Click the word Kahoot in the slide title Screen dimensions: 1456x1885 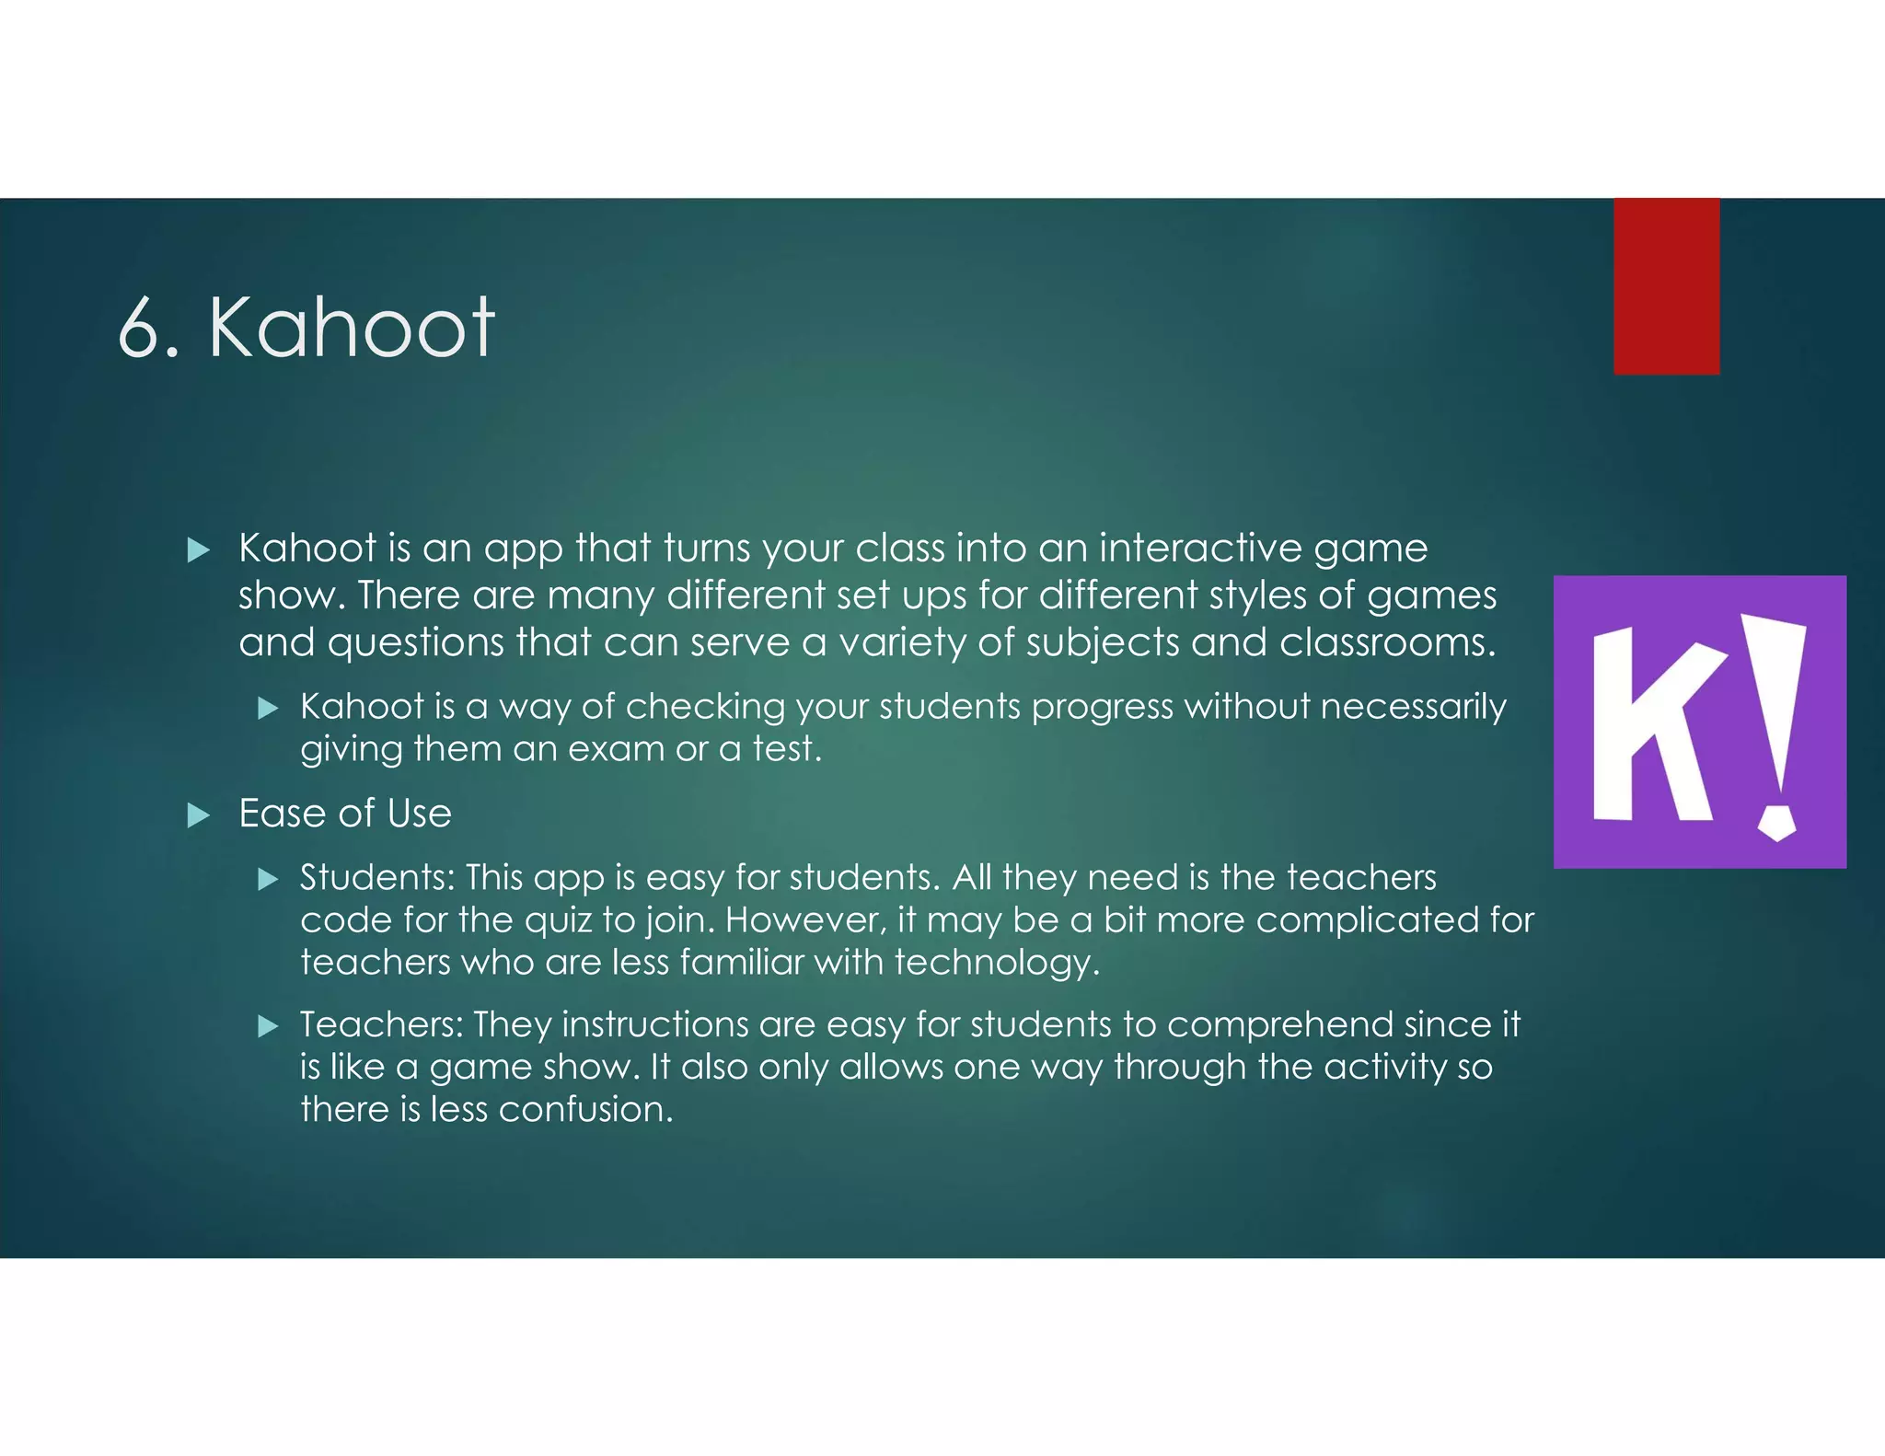tap(353, 328)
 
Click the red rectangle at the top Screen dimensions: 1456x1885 tap(1666, 286)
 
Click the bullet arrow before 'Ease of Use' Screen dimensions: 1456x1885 tap(198, 815)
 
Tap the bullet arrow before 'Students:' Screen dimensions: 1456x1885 tap(268, 880)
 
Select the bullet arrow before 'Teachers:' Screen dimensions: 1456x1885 tap(268, 1026)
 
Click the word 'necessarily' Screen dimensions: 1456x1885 tap(1414, 707)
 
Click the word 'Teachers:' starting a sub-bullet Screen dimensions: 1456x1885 tap(381, 1024)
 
